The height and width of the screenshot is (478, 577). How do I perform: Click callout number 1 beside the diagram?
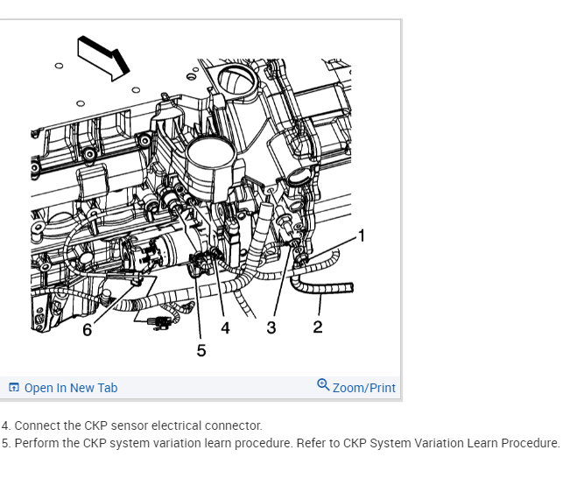tap(362, 235)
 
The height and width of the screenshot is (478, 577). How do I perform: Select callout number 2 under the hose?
tap(318, 327)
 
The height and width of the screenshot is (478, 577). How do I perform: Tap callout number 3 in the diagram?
tap(271, 327)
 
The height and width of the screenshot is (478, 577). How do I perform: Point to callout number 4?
tap(225, 327)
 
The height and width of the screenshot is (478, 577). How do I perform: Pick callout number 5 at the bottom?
tap(201, 350)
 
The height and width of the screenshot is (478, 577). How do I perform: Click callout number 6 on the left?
tap(88, 329)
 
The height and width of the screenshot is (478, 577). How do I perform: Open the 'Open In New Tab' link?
tap(70, 388)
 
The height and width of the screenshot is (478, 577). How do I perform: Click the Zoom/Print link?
tap(363, 388)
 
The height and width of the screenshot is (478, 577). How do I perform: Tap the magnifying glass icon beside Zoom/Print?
tap(323, 385)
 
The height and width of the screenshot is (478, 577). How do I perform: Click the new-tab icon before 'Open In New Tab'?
tap(14, 388)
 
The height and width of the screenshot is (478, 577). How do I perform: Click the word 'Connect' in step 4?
tap(38, 425)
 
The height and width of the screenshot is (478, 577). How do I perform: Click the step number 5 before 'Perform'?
tap(5, 443)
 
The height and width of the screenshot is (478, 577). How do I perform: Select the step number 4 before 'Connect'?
tap(5, 425)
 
